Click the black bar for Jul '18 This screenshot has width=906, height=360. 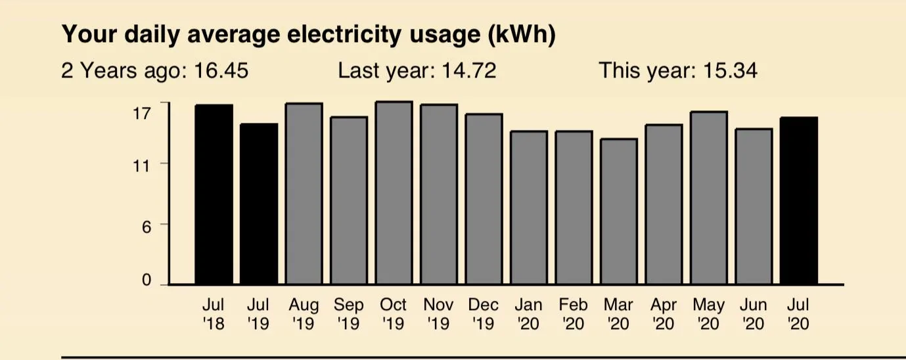pos(214,194)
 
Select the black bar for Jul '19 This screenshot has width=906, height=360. pos(259,204)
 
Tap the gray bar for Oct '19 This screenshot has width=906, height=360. pos(394,192)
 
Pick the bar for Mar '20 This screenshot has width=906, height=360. pos(619,211)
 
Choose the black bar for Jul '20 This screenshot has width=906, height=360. pos(799,200)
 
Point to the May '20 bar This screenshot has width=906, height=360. pos(709,198)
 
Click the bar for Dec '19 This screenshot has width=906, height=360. pos(484,199)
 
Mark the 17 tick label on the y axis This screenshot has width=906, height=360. pos(141,114)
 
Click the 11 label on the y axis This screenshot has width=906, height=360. pos(141,166)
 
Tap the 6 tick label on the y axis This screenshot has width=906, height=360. pos(147,227)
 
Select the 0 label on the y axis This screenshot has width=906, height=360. pos(147,280)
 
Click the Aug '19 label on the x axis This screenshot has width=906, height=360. pos(304,314)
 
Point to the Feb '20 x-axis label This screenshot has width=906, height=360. pos(574,314)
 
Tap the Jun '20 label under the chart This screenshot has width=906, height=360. pos(754,314)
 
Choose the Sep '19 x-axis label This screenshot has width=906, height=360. pos(349,314)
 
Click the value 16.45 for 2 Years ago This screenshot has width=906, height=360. pos(221,70)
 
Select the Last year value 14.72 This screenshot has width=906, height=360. pos(469,70)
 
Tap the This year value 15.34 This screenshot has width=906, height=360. pos(731,70)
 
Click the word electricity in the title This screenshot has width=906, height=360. pos(344,34)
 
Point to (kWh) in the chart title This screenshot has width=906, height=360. pos(522,35)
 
